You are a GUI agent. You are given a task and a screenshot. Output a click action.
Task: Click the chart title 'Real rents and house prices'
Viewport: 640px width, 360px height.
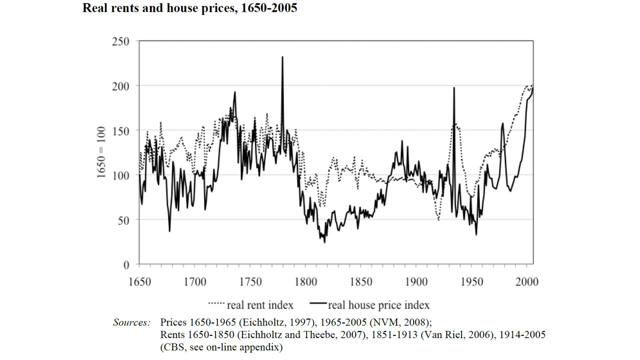(189, 8)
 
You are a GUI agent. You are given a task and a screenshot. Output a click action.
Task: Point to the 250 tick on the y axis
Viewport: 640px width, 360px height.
(120, 41)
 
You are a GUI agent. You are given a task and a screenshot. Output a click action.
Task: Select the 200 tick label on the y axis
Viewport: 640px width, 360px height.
(120, 86)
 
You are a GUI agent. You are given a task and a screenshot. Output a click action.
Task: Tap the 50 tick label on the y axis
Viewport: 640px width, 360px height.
(122, 219)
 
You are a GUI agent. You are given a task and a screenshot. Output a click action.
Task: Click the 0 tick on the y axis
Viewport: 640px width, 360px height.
(126, 264)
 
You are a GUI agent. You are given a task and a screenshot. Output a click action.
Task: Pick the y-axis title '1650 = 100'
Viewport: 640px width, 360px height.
(102, 152)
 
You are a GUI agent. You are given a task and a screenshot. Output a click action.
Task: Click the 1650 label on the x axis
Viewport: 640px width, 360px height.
(139, 282)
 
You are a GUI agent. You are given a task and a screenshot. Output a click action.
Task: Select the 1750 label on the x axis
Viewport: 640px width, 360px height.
(250, 282)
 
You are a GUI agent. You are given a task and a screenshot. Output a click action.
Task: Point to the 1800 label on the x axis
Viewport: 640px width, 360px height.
(305, 282)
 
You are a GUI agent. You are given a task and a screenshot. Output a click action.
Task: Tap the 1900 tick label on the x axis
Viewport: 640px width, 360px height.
(416, 282)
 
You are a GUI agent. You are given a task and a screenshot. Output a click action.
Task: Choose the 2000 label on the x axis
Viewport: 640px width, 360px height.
(527, 282)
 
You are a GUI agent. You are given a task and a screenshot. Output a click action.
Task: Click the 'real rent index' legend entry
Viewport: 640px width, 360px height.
(250, 304)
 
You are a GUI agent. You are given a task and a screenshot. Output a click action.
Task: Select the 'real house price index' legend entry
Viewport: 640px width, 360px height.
(370, 304)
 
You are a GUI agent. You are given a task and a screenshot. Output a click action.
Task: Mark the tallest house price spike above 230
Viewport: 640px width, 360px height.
(282, 57)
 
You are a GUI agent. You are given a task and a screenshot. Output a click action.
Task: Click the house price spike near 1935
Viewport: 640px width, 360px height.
(454, 88)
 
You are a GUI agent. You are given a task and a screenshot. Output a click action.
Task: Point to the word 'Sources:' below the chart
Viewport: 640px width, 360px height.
(131, 322)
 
